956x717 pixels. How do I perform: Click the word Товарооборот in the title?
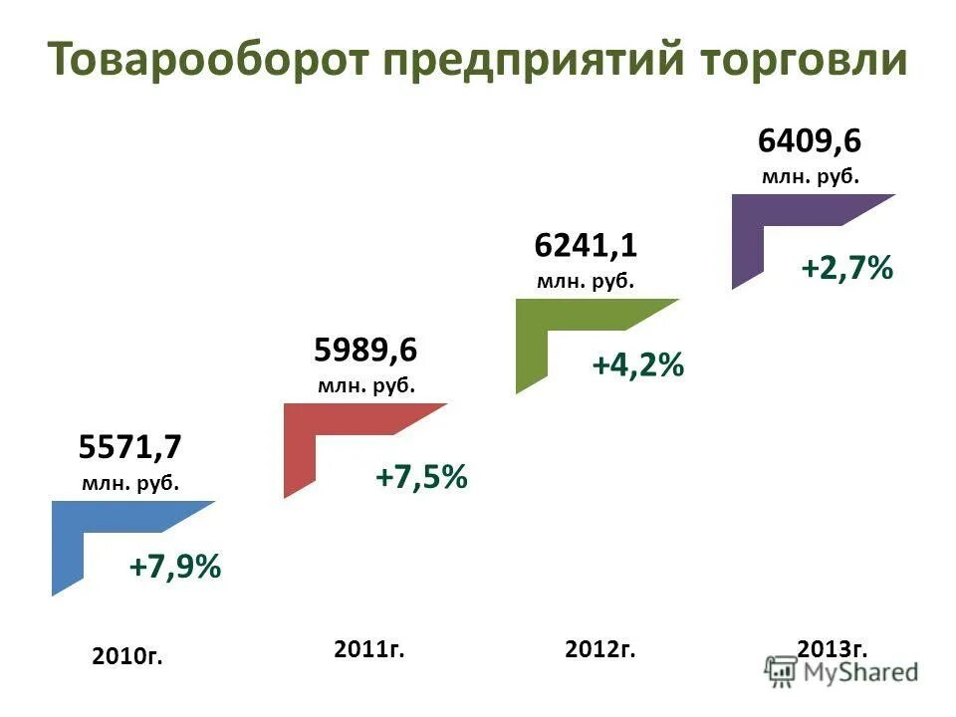tap(205, 60)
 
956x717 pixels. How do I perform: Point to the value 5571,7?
tap(130, 447)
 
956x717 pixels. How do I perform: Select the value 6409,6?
tap(809, 140)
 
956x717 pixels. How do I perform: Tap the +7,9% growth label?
tap(174, 568)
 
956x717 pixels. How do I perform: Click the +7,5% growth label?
tap(420, 477)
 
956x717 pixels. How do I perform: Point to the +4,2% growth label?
tap(637, 366)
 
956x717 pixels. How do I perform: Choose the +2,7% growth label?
tap(846, 268)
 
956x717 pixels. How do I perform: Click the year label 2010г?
tap(126, 655)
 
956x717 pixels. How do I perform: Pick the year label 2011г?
tap(369, 649)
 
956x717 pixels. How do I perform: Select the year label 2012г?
tap(599, 649)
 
